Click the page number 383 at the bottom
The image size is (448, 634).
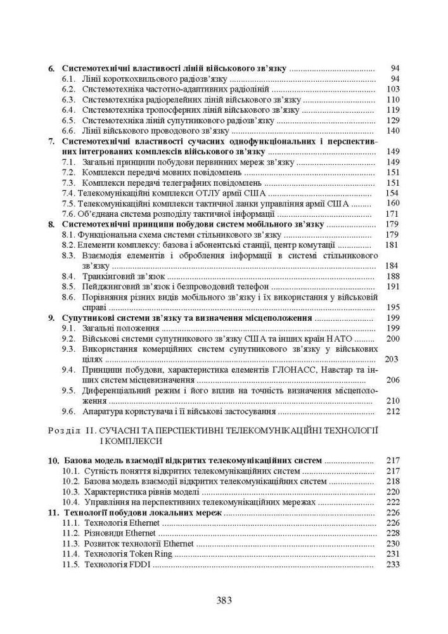tap(224, 600)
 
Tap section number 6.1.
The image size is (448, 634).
tap(70, 79)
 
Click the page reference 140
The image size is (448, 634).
tap(393, 131)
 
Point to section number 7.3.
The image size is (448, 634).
tap(70, 183)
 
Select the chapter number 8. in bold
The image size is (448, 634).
tap(53, 224)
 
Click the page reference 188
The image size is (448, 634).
tap(393, 276)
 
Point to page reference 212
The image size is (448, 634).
tap(393, 411)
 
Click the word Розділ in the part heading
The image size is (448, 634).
tap(64, 430)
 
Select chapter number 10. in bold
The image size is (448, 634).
tap(54, 461)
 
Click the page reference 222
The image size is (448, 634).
tap(393, 501)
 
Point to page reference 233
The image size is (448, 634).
tap(393, 564)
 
